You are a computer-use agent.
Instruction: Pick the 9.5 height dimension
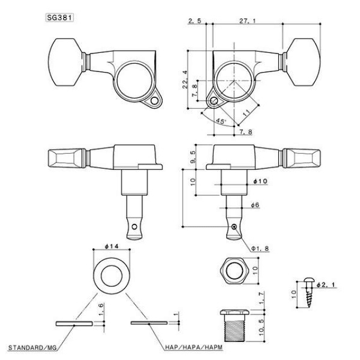click(193, 156)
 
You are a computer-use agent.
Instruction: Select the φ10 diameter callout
click(259, 181)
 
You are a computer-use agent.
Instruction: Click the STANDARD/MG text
click(32, 349)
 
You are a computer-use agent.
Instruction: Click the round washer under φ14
click(110, 274)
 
